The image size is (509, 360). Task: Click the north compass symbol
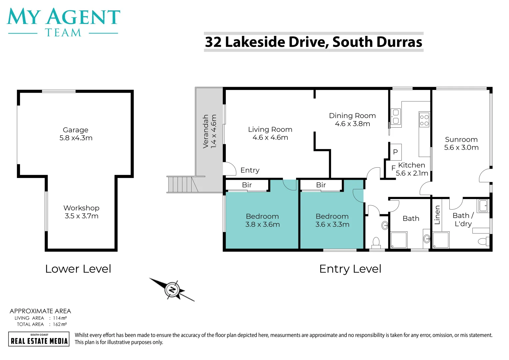pos(172,289)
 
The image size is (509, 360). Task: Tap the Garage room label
pos(76,130)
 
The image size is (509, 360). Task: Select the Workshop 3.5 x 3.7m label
pos(82,212)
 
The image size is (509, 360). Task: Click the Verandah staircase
pos(182,184)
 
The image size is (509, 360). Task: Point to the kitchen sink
pos(396,117)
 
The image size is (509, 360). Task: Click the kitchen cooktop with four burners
pos(424,120)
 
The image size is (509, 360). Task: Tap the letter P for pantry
pos(395,152)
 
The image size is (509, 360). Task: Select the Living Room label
pos(270,129)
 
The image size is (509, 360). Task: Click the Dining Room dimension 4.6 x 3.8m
pos(352,124)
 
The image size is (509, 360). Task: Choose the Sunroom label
pos(461,140)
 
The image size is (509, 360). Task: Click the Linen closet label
pos(437,215)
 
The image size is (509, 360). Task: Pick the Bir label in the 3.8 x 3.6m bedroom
pos(247,185)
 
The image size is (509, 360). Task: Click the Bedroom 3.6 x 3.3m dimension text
pos(332,225)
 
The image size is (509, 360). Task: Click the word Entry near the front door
pos(250,170)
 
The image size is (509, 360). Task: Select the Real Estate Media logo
pos(39,339)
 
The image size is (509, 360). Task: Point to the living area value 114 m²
pos(60,318)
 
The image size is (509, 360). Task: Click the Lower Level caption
pos(78,269)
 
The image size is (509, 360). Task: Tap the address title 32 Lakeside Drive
pos(313,42)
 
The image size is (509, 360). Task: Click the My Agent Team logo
pos(63,22)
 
